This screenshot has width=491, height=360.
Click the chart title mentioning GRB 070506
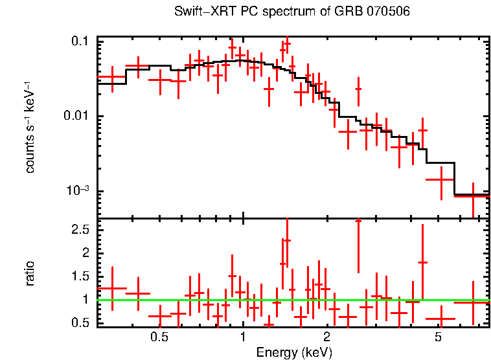tap(292, 12)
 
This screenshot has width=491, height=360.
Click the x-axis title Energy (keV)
tap(294, 352)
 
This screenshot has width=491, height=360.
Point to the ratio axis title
tap(30, 273)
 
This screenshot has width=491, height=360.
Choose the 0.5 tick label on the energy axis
tap(159, 337)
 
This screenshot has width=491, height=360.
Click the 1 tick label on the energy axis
tap(243, 337)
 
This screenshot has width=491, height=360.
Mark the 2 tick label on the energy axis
tap(327, 337)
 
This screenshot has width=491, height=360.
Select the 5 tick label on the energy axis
tap(438, 337)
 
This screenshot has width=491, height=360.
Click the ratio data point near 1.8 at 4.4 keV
tap(423, 262)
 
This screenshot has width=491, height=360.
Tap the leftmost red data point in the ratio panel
tap(112, 288)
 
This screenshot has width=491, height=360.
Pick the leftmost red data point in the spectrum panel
tap(112, 78)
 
